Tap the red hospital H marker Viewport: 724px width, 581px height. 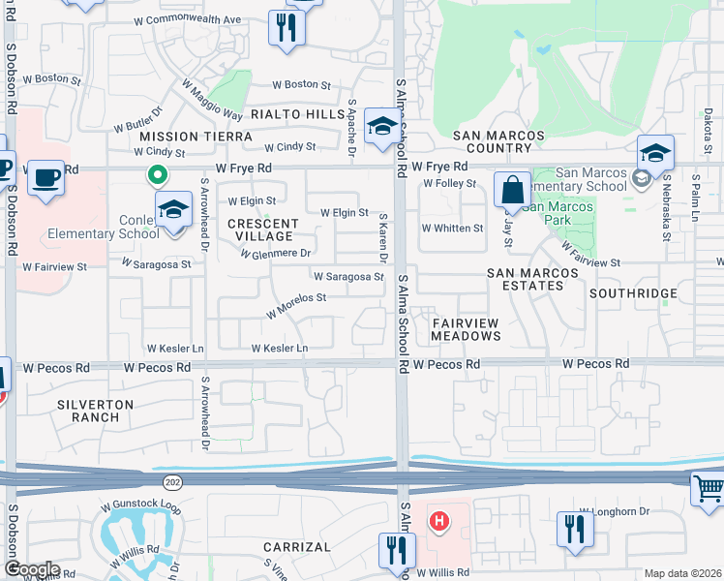point(439,523)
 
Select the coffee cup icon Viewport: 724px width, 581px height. point(45,178)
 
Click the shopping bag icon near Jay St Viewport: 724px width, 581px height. point(511,190)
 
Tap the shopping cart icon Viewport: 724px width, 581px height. point(709,489)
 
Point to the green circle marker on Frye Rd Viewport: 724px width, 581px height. point(156,175)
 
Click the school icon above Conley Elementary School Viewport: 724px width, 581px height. point(173,209)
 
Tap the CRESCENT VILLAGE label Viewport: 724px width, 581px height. point(260,229)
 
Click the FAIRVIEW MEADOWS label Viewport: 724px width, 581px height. point(467,328)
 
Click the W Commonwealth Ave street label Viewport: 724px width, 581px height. point(187,19)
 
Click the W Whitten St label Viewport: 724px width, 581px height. point(452,229)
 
